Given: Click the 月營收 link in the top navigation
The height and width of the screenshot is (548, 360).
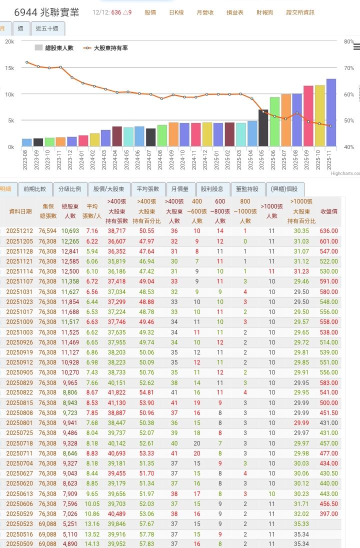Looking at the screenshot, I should [205, 12].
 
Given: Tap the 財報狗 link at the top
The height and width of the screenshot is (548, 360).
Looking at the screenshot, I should [264, 12].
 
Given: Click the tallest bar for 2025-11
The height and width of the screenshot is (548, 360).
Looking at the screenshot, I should [331, 112].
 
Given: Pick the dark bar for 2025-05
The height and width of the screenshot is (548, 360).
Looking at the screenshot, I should [263, 128].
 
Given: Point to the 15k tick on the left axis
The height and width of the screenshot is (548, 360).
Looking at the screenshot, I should [9, 68].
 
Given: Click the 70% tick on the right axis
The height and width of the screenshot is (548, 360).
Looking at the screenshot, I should [349, 68].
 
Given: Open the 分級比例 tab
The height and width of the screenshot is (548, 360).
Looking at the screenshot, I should [69, 189].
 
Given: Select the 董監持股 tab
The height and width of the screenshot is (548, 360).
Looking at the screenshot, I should [248, 189].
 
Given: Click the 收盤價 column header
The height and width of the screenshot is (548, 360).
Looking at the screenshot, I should [328, 211].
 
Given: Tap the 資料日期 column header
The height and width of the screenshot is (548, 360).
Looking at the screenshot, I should [20, 211].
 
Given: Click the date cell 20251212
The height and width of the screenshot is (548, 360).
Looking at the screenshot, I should [18, 231].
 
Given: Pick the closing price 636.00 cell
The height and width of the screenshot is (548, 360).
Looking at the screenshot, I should [328, 231].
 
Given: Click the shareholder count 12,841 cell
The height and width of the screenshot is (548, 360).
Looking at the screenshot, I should [70, 251].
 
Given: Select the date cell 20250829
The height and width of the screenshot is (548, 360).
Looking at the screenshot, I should [18, 382].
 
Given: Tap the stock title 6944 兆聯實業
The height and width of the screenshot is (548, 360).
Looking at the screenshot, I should [46, 12].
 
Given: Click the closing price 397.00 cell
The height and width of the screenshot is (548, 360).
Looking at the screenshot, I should [328, 514].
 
